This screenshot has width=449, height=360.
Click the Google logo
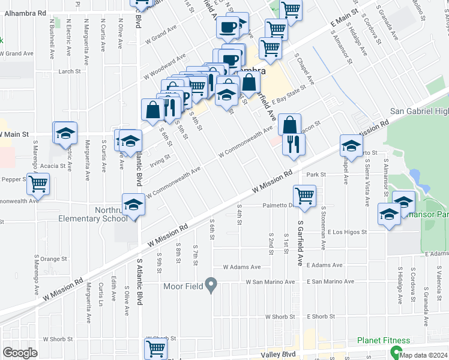pyautogui.click(x=20, y=353)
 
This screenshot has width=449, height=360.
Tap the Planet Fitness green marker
pyautogui.click(x=396, y=352)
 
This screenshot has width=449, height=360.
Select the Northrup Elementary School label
pyautogui.click(x=92, y=214)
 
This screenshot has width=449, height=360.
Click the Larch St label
pyautogui.click(x=70, y=71)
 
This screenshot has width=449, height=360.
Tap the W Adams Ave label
pyautogui.click(x=242, y=267)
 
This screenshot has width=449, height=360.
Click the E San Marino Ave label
pyautogui.click(x=327, y=282)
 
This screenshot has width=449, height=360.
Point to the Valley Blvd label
pyautogui.click(x=277, y=355)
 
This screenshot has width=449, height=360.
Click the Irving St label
pyautogui.click(x=160, y=160)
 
